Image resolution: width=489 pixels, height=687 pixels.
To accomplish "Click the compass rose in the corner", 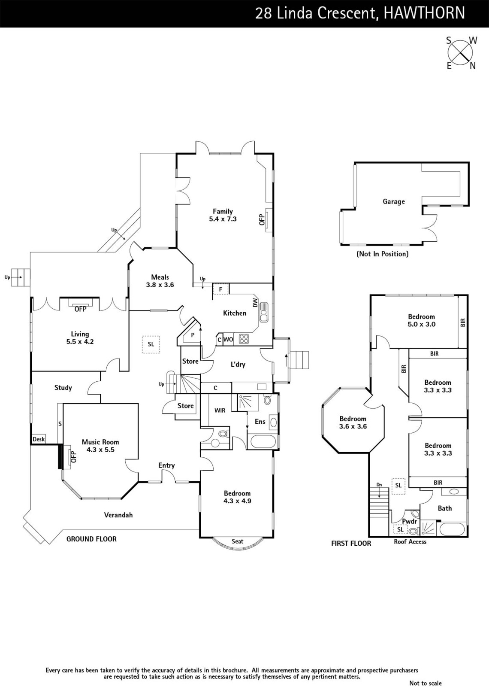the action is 460,53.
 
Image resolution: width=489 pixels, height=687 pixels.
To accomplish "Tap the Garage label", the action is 394,201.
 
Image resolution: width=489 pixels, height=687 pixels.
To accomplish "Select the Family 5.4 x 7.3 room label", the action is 223,215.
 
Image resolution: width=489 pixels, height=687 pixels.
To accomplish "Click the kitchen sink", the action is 263,312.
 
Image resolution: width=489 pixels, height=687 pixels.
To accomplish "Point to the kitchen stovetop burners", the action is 244,339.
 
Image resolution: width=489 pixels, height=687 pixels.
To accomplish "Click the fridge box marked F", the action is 220,289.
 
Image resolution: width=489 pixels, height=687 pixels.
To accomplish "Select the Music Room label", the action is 100,442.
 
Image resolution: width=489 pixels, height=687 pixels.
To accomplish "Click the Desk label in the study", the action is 39,439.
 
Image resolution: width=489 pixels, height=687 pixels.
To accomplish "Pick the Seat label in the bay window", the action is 238,541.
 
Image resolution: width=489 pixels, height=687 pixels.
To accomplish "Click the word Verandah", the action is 118,515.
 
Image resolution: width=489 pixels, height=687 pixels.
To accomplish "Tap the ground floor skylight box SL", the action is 151,344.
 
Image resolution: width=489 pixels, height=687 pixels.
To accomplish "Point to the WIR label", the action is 220,410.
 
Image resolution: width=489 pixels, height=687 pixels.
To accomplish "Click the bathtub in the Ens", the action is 263,442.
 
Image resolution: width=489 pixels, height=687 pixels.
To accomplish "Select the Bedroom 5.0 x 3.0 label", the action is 421,320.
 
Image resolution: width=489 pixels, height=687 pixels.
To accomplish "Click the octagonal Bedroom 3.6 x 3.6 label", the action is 353,423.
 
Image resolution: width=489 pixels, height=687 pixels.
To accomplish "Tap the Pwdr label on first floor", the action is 409,521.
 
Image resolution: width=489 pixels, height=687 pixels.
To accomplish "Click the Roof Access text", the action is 410,541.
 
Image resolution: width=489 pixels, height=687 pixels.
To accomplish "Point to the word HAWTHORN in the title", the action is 424,13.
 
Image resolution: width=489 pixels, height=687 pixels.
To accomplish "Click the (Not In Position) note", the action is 382,254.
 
